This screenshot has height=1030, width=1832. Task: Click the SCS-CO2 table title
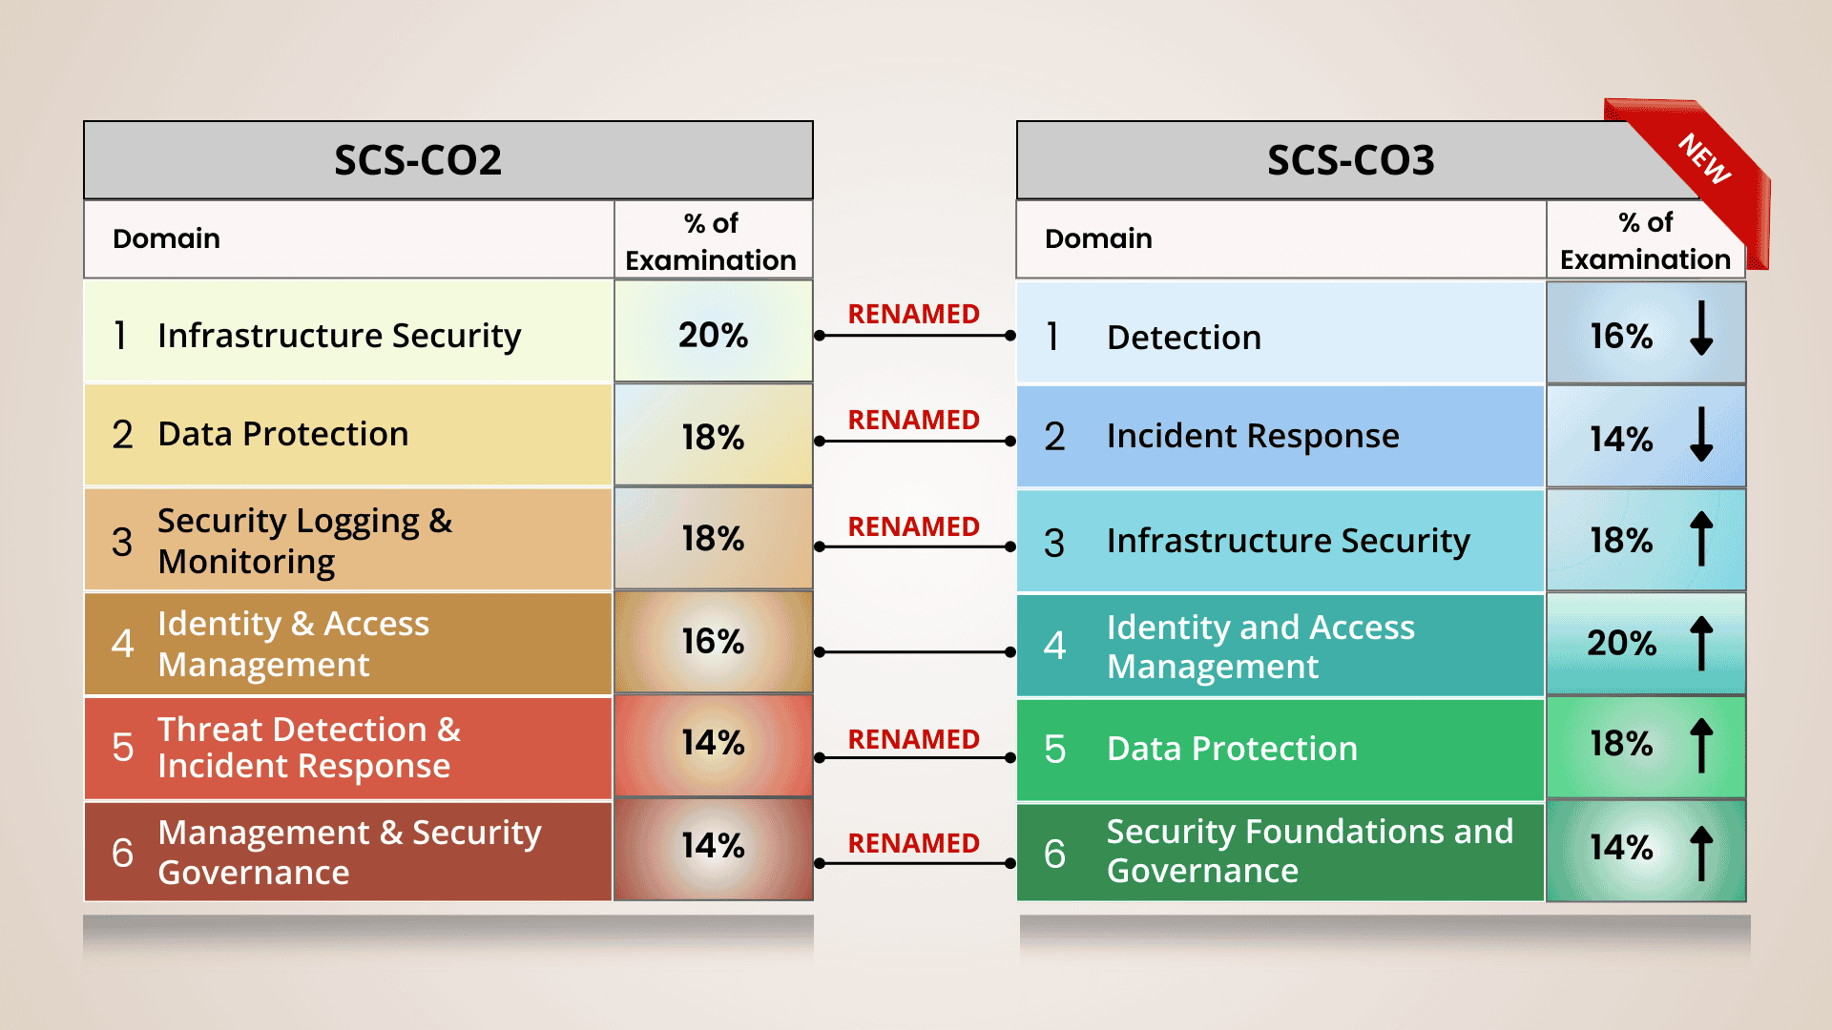click(418, 160)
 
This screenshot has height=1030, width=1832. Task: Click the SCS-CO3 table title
click(1350, 160)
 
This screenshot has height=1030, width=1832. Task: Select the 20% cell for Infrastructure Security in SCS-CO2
click(714, 331)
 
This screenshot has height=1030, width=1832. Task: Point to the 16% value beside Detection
click(1621, 336)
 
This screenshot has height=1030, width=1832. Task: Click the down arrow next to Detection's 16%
click(1701, 328)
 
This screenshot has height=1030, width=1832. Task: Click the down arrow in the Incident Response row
click(1701, 434)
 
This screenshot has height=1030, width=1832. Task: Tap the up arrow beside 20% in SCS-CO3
click(1701, 643)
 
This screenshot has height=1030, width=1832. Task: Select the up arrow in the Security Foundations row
click(1701, 852)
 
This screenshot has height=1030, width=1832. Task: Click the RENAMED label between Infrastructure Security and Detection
click(914, 314)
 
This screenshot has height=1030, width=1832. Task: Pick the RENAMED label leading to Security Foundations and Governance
click(914, 843)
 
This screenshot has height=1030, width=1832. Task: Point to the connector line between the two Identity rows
click(914, 652)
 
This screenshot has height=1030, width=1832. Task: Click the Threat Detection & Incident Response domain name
click(309, 748)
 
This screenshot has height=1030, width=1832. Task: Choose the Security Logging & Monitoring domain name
click(305, 541)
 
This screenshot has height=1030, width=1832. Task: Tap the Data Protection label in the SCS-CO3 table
click(1232, 749)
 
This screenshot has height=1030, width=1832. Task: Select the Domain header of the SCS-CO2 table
click(166, 238)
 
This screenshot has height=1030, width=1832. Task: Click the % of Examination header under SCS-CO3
click(1645, 240)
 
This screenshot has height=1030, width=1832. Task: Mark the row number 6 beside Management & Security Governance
click(122, 853)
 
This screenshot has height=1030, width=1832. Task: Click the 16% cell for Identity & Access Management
click(714, 642)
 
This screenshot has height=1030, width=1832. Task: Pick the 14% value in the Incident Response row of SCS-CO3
click(1621, 439)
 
